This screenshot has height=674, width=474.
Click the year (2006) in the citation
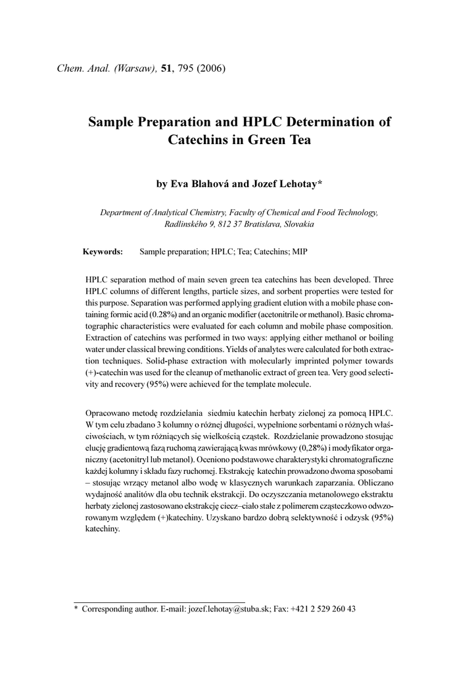point(211,69)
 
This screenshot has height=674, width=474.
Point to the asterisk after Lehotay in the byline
point(320,183)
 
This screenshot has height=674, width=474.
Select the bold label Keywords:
point(103,252)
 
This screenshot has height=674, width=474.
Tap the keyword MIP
point(300,252)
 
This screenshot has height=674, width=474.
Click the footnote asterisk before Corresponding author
point(76,609)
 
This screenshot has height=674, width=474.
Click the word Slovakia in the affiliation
point(299,224)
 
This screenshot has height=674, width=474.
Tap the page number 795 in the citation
point(185,69)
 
